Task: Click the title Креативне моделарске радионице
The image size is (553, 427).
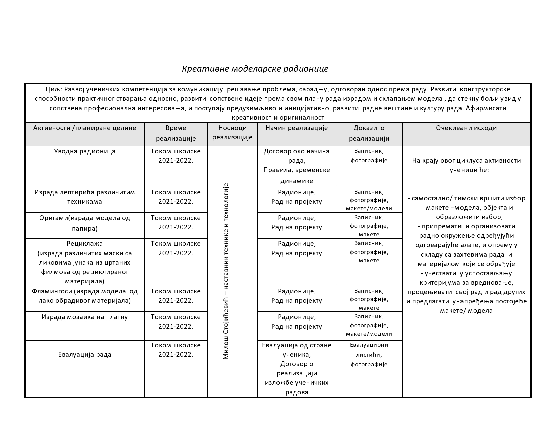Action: (255, 69)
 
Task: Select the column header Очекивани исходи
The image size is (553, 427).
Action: (466, 128)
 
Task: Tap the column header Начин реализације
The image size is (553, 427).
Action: (297, 128)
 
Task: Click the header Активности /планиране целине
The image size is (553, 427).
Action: (85, 128)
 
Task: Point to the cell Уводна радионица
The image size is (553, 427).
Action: (85, 151)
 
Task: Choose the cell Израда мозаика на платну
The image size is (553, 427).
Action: (85, 317)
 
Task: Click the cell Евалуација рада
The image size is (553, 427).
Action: (85, 354)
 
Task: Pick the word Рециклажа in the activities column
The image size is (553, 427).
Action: (85, 243)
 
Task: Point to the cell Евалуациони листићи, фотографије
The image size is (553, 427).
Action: (369, 354)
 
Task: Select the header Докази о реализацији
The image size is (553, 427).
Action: (369, 133)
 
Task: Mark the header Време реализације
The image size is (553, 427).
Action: (176, 133)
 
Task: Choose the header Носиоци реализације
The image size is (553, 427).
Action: (232, 132)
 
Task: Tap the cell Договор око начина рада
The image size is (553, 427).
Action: (297, 156)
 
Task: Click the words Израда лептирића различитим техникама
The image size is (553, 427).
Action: (85, 197)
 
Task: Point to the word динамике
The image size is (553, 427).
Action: (297, 181)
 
